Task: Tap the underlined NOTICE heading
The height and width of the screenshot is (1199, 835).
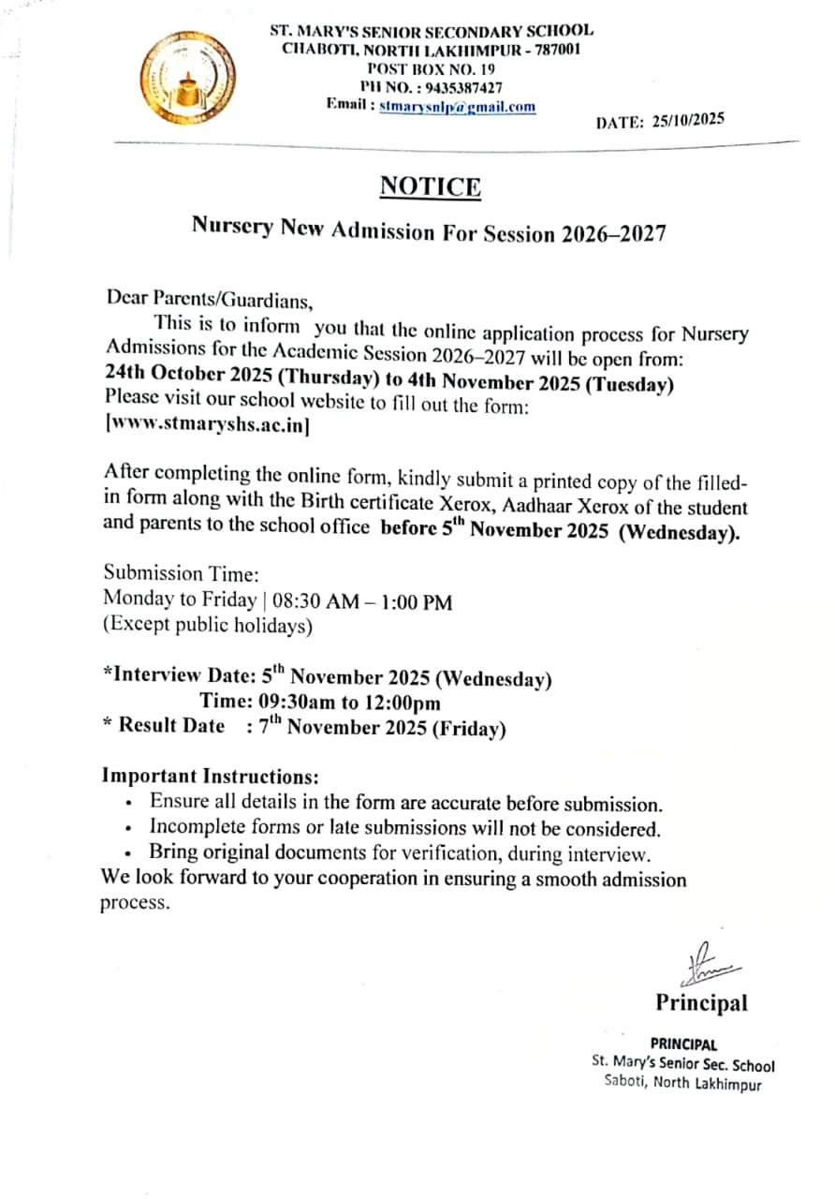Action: tap(431, 187)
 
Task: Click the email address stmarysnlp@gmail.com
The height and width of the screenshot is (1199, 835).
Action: tap(458, 107)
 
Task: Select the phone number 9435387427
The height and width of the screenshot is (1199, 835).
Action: tap(461, 87)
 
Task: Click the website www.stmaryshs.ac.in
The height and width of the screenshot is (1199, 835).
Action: tap(209, 423)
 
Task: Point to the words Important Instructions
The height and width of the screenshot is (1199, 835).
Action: tap(211, 777)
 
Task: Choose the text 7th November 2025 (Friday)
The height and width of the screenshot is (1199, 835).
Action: tap(383, 727)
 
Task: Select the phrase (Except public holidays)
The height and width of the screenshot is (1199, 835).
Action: tap(208, 625)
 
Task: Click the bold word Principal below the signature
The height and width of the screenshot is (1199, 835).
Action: tap(701, 1003)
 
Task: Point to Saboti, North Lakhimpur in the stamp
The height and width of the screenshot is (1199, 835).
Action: tap(682, 1086)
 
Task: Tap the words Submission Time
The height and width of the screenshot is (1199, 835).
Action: tap(181, 573)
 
